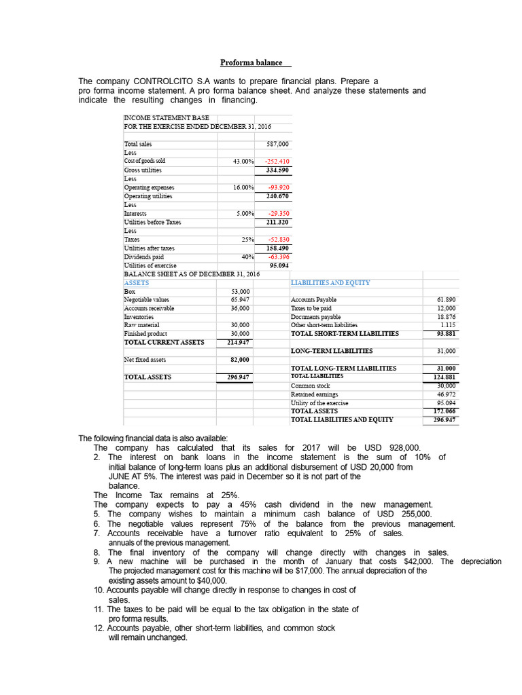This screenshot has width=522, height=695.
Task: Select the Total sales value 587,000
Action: click(279, 145)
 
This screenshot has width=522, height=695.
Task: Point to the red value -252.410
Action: click(277, 162)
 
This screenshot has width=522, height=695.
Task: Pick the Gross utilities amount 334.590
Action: click(277, 170)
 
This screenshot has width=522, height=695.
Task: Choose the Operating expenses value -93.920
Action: click(279, 187)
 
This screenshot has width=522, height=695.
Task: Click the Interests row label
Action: click(131, 214)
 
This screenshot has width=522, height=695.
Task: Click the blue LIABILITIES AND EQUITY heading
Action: click(330, 282)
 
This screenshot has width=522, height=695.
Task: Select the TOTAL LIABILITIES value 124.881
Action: click(445, 376)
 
